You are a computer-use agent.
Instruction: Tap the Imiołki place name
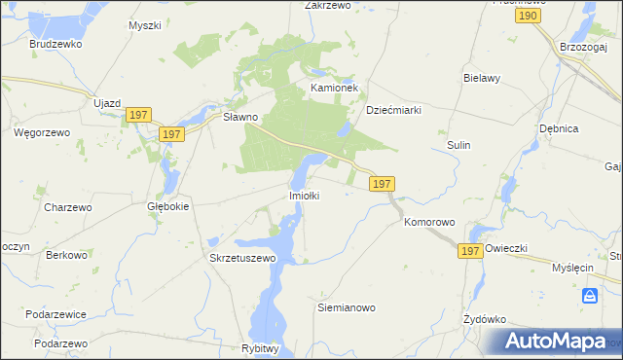(x=305, y=196)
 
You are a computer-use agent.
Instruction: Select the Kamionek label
(x=335, y=88)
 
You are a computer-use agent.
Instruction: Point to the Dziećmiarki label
(x=393, y=110)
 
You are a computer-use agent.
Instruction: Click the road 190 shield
(x=529, y=17)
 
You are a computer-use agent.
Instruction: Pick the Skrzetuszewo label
(x=243, y=258)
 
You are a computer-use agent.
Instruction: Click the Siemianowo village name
(x=347, y=307)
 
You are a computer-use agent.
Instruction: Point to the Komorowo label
(x=429, y=223)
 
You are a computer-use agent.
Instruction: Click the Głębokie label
(x=167, y=206)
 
